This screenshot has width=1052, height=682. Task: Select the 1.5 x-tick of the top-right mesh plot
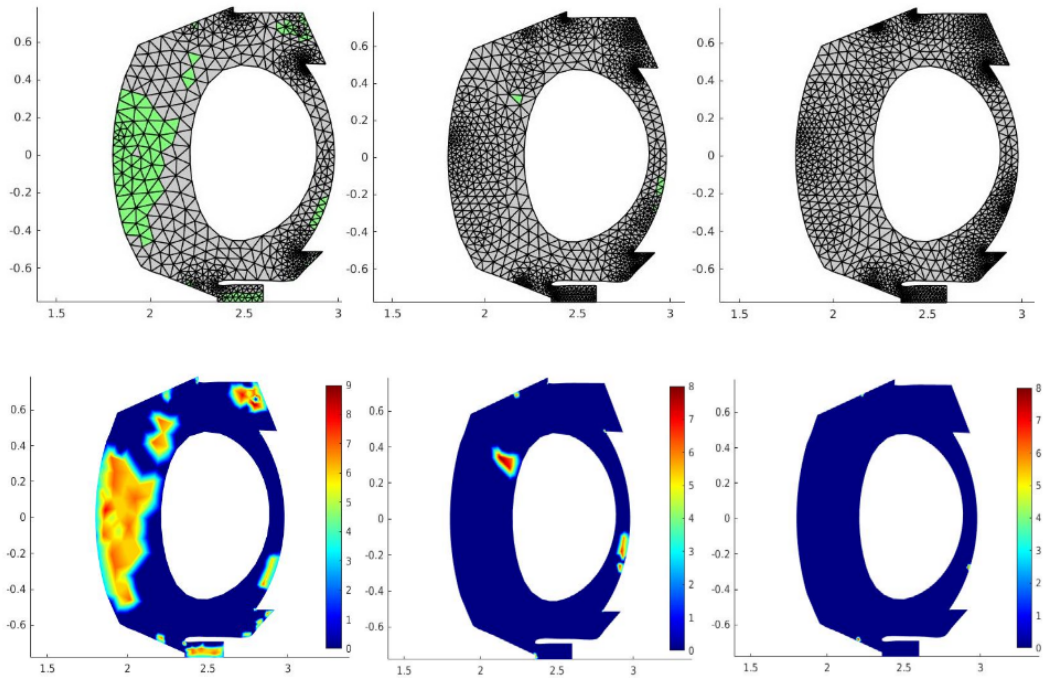[x=739, y=315]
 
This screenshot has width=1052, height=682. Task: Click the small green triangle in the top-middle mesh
[x=517, y=98]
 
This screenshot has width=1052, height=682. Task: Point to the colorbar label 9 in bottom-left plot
[x=349, y=385]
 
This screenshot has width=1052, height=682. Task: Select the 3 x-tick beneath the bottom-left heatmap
[x=288, y=669]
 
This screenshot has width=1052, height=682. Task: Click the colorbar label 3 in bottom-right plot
[x=1038, y=551]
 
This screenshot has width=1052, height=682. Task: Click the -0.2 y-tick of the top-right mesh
[x=702, y=194]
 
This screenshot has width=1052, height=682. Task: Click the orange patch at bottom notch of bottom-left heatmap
[x=204, y=651]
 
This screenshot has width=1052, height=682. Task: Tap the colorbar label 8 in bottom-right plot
[x=1038, y=388]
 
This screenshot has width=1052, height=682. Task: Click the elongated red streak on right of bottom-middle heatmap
[x=623, y=546]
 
